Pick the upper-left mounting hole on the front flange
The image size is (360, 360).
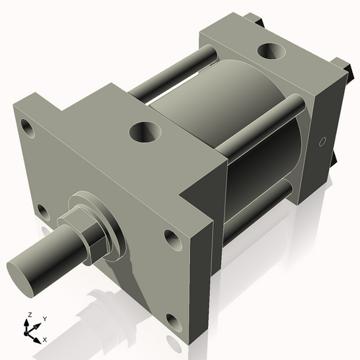point(28,130)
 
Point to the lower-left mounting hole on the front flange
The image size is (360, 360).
point(42,212)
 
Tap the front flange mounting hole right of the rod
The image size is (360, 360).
point(171,237)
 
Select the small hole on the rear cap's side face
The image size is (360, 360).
point(322,140)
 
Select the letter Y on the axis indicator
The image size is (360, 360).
point(44,318)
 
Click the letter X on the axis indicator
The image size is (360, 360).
point(45,338)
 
